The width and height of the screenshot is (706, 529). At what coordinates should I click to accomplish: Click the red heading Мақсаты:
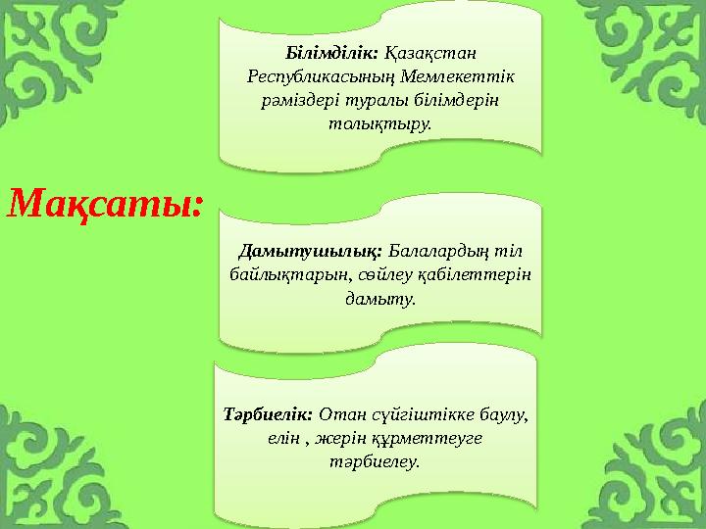(x=106, y=205)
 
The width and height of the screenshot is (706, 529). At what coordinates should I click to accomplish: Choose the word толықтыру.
(x=380, y=123)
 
